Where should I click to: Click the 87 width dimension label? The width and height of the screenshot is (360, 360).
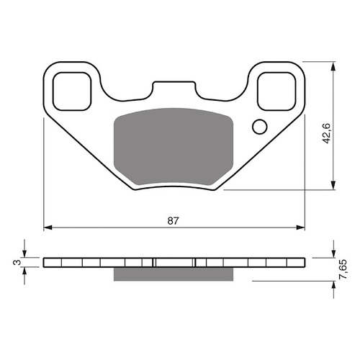coord(173,220)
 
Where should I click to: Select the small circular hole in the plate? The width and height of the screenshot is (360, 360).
coord(259,127)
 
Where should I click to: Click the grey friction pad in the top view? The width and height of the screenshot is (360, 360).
coord(173,148)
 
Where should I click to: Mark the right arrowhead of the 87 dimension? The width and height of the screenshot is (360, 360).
coord(299,227)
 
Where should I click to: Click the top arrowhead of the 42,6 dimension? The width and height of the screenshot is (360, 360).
coord(333,65)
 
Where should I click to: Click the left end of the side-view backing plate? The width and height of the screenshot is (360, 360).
coord(45,263)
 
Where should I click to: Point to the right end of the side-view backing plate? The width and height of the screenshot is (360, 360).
coord(301,263)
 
